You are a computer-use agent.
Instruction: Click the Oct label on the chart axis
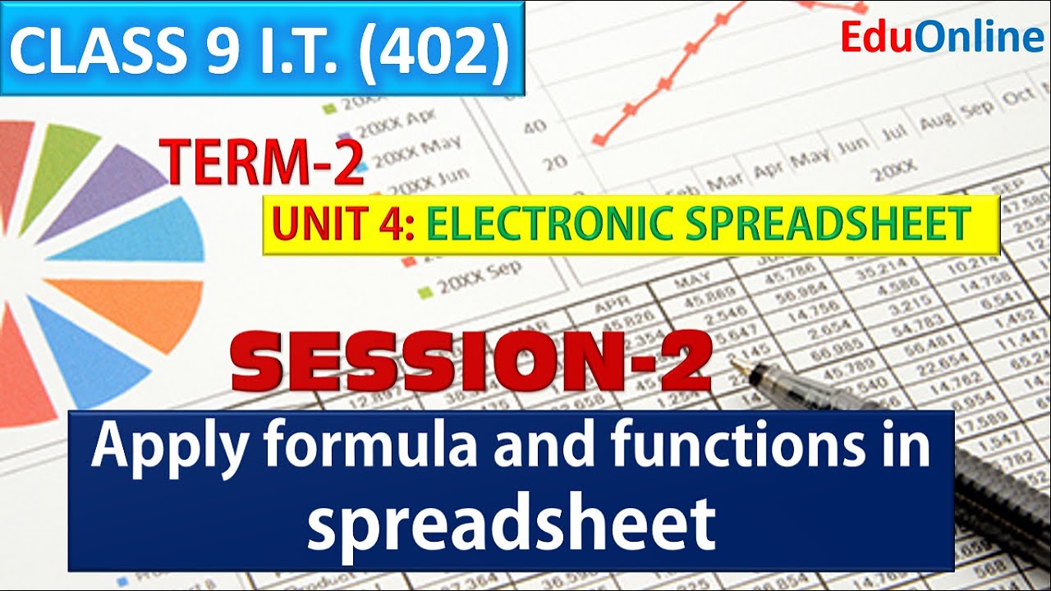tap(1018, 98)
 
